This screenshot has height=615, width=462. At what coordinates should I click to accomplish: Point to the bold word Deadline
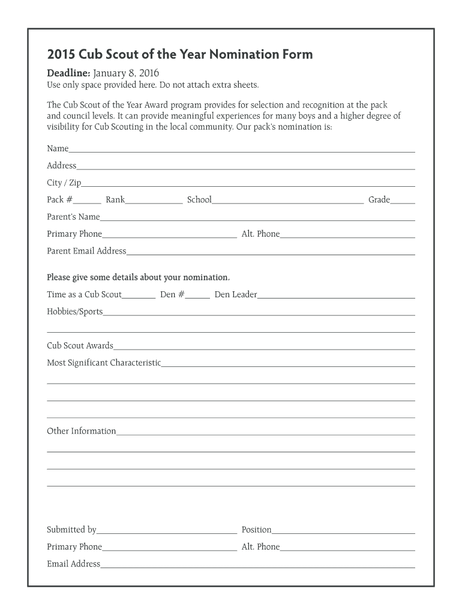68,73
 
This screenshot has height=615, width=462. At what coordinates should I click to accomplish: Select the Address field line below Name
245,168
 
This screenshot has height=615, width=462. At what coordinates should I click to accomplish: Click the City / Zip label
64,183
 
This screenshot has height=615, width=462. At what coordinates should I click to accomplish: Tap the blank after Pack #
88,202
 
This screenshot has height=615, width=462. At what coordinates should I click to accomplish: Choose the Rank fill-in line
154,202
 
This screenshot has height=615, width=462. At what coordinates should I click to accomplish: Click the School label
199,199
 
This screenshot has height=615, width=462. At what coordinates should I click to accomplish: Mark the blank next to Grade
403,202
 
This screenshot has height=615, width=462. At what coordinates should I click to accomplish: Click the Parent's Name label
73,217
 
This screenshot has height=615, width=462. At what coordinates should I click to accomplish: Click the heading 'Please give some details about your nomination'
138,277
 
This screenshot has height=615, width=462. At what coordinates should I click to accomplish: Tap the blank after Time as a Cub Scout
139,297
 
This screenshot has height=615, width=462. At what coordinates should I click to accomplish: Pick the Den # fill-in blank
198,297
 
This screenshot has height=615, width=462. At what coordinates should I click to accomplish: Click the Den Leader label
236,294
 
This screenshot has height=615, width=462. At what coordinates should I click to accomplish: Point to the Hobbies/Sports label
75,312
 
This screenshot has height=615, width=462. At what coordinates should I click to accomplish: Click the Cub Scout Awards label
80,346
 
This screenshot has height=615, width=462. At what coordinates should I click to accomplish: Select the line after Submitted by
166,532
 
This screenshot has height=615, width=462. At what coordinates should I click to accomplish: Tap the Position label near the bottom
256,530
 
